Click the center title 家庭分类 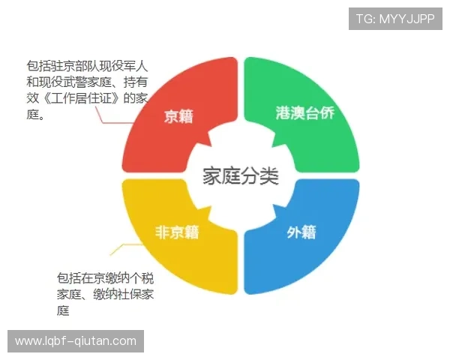coord(240,176)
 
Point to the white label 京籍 coord(178,116)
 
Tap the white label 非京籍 coord(177,232)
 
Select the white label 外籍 coord(301,232)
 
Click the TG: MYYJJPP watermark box coord(395,19)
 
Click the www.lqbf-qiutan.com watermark coord(75,341)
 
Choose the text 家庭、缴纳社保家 coord(106,294)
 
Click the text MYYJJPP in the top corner coord(406,19)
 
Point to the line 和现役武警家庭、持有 coord(87,81)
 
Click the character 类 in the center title coord(269,176)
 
